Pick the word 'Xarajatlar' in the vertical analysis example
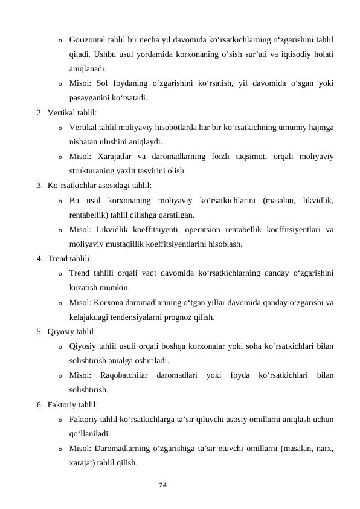(117, 157)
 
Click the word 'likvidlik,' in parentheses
(318, 200)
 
